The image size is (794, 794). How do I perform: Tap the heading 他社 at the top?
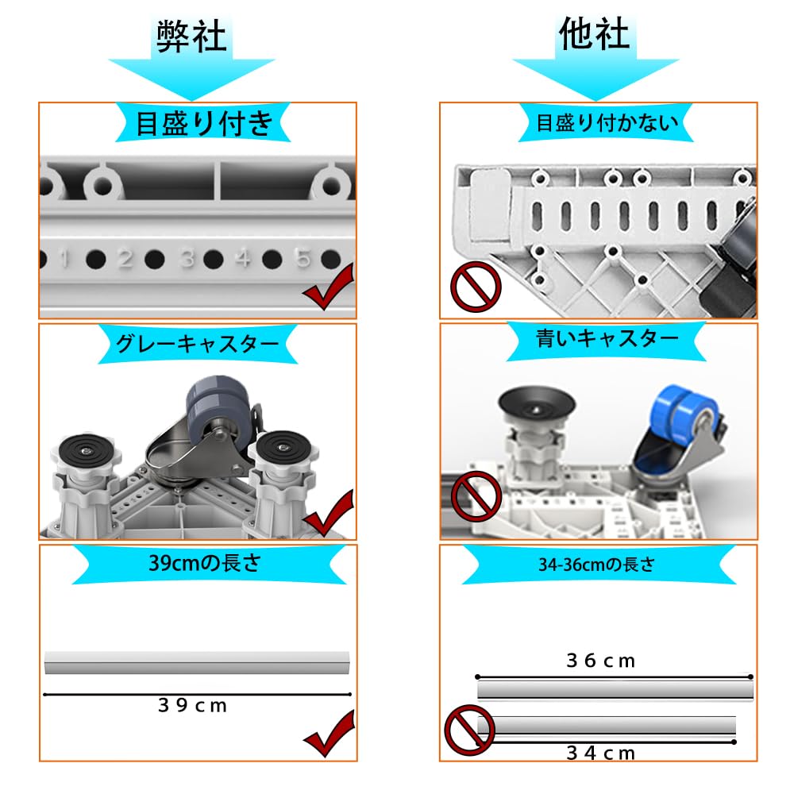595,35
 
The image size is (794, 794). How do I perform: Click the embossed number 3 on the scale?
187,258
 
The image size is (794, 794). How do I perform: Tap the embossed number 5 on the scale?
303,258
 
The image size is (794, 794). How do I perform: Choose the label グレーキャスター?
198,345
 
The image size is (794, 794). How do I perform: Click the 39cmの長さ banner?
197,565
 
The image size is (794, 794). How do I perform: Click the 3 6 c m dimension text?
601,661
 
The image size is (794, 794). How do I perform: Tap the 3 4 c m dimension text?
601,753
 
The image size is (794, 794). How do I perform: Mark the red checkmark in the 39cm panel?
329,736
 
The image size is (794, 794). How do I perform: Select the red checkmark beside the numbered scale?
329,290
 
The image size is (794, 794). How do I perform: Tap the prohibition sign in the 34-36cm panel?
468,730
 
